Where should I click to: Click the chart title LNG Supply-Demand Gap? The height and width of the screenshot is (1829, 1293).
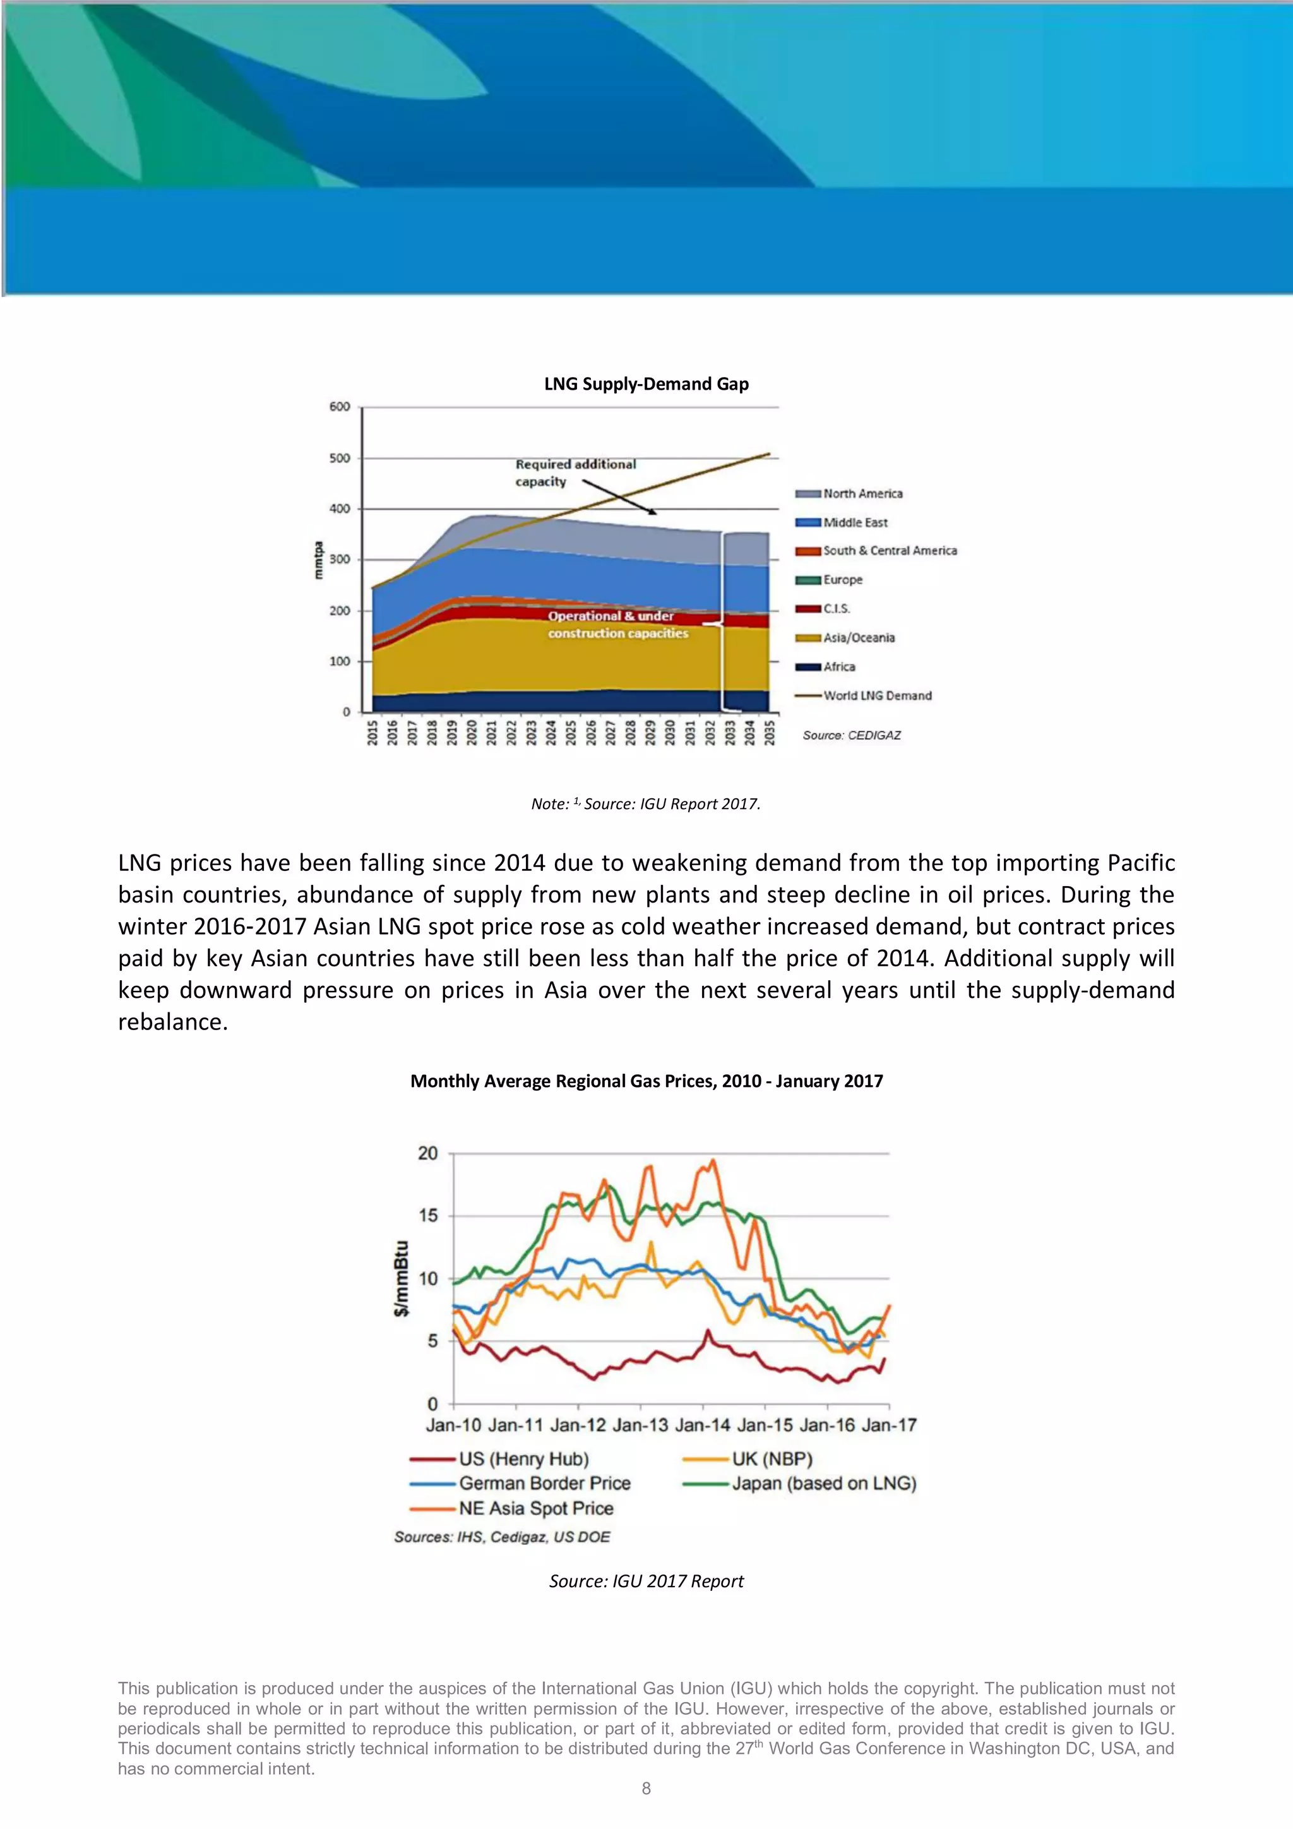pyautogui.click(x=646, y=384)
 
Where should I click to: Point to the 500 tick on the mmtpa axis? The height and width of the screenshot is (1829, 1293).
pyautogui.click(x=340, y=458)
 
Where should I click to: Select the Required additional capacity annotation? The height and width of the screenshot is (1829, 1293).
pyautogui.click(x=575, y=472)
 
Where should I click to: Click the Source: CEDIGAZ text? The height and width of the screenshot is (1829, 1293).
pyautogui.click(x=851, y=735)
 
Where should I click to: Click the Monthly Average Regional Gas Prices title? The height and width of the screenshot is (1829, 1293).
pyautogui.click(x=646, y=1081)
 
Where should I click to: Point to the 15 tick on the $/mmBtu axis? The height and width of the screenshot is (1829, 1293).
pyautogui.click(x=427, y=1216)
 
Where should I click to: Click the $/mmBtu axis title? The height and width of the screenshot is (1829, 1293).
pyautogui.click(x=402, y=1278)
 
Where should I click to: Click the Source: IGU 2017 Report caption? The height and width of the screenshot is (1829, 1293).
pyautogui.click(x=646, y=1581)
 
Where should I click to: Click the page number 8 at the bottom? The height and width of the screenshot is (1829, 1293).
pyautogui.click(x=646, y=1789)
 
